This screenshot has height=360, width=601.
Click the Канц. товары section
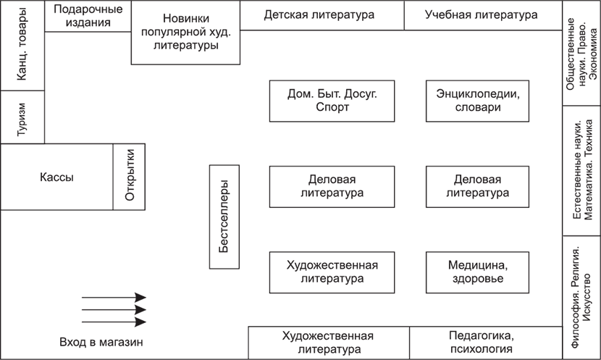22,45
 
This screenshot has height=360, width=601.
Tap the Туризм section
22,117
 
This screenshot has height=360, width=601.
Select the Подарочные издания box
88,16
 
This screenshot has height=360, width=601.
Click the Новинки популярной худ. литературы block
185,32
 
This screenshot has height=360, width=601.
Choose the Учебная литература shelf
483,15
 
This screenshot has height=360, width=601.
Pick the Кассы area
56,177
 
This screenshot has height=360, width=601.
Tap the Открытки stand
129,177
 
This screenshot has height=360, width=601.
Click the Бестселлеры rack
224,217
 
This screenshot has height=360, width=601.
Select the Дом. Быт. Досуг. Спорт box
332,101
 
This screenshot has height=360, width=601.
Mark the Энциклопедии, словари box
478,101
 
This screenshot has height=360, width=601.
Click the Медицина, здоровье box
478,272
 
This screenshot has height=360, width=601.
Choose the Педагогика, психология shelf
486,343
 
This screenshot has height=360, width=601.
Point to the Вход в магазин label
101,342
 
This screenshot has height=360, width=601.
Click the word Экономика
593,54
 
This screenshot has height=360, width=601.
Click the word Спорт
332,107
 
